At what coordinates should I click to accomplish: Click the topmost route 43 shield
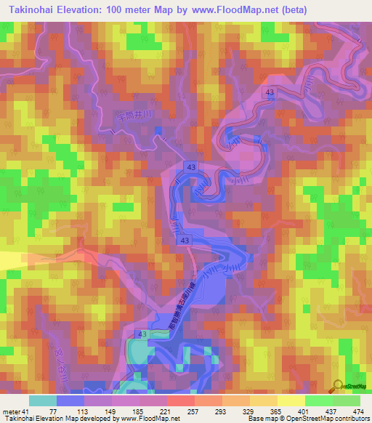tap(270, 92)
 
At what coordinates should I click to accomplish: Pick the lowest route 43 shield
tap(141, 334)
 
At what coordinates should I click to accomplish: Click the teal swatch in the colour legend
tap(43, 400)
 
